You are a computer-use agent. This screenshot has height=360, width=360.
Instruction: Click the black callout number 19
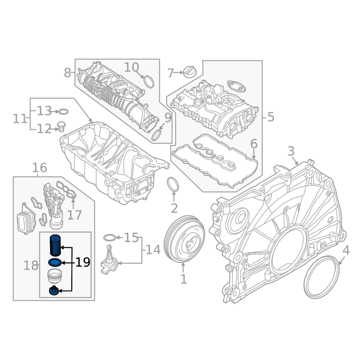coord(83,262)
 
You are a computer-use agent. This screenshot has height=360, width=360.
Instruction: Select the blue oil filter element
coord(55,245)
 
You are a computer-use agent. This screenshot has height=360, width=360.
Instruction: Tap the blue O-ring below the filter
coord(55,262)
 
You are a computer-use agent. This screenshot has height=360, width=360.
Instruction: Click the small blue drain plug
coord(54,291)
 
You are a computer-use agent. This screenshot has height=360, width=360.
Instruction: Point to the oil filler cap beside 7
coord(190,72)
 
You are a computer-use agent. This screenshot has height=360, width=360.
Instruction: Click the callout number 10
coord(131,67)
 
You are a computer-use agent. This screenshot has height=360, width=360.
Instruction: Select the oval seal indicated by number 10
coord(149,81)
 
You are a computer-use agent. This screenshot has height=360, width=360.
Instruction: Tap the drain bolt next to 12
coord(61,126)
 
